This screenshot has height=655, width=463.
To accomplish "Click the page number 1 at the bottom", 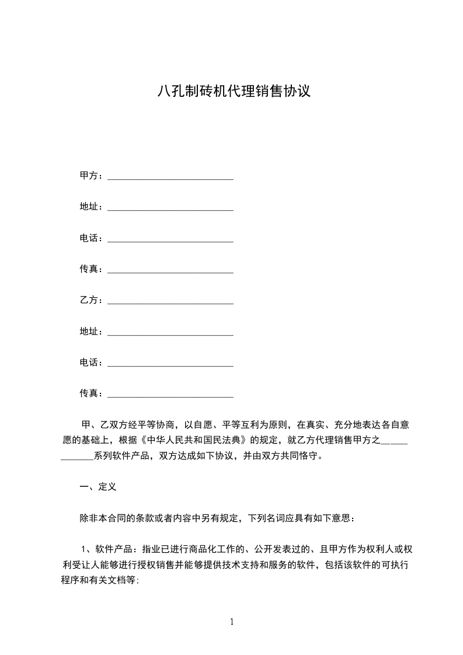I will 232,622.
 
